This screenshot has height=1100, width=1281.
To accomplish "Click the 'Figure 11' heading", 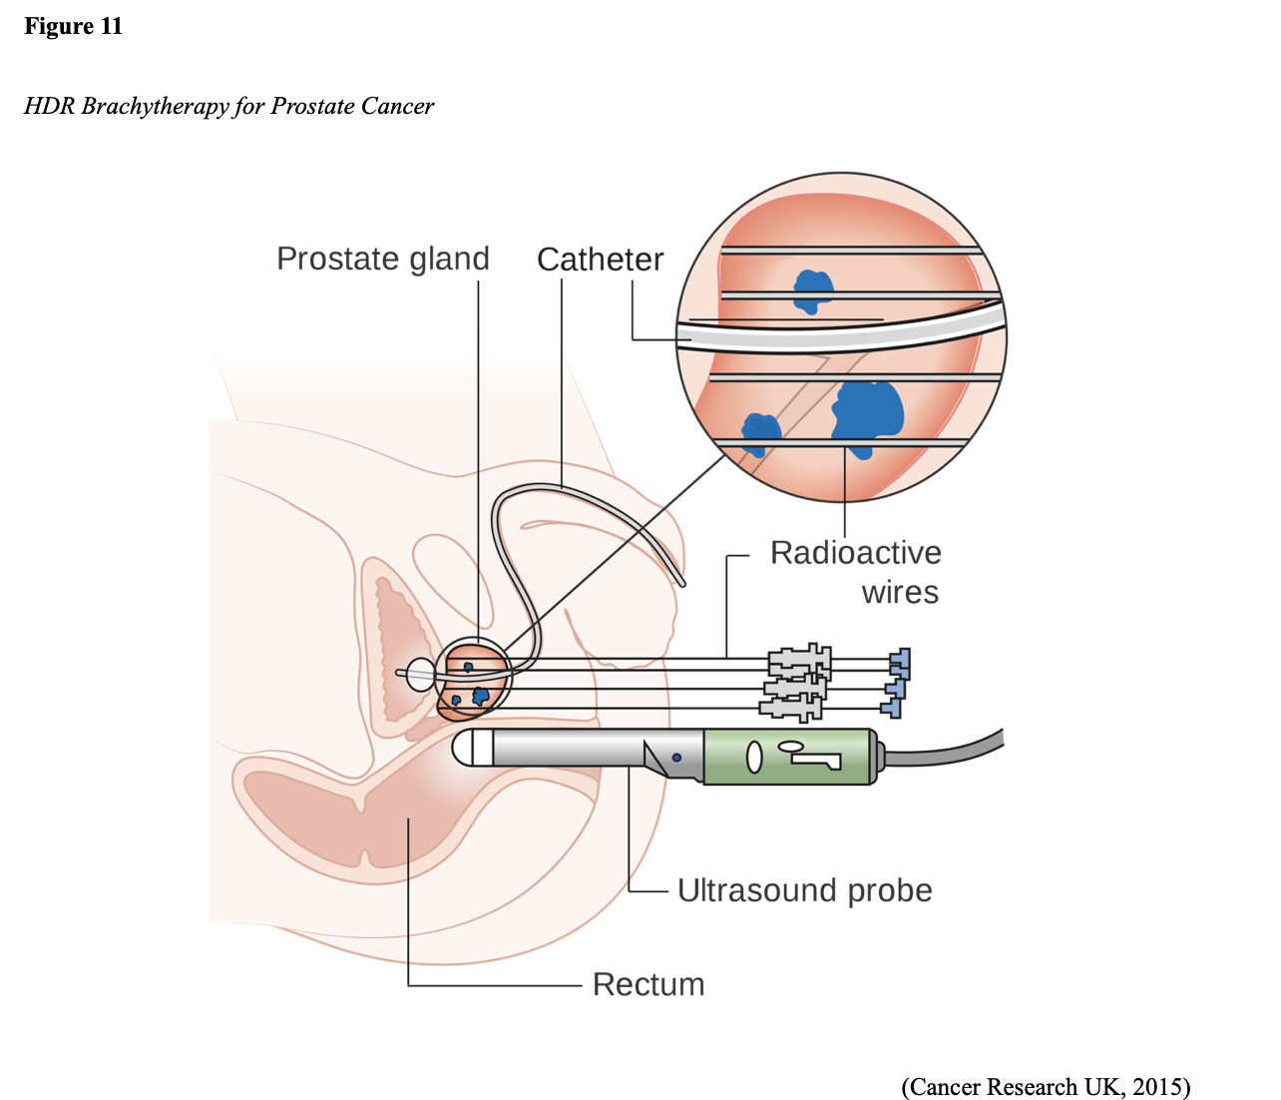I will coord(73,26).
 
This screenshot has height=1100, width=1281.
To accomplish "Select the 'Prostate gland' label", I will coord(382,259).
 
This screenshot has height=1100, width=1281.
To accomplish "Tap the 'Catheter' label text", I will coord(600,260).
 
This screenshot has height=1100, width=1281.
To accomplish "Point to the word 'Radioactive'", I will coord(855,552).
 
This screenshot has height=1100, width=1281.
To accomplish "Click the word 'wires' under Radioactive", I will coord(900,592).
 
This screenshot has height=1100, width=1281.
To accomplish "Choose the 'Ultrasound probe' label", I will coord(804,889).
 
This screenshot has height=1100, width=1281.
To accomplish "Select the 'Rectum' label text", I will coord(648,984).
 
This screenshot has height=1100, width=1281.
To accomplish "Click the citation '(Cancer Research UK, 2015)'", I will coord(1046,1086).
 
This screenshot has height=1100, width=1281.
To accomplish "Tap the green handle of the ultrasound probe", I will coord(788,757).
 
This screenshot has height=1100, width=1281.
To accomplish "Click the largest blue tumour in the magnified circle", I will coord(869,410).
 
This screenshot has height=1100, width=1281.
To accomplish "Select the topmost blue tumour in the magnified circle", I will coord(813,289).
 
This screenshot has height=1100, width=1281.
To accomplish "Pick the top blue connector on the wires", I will coord(901,661).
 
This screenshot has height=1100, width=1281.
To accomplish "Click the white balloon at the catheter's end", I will coord(420,674).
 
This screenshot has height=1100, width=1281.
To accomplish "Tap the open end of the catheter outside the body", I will coord(682,582).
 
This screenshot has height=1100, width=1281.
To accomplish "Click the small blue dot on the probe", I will coord(676,758).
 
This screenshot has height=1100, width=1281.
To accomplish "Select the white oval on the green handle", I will coord(754,758).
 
